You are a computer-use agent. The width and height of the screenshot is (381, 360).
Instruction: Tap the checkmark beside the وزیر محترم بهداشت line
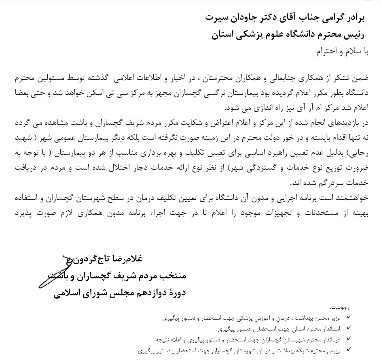pos(349,318)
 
